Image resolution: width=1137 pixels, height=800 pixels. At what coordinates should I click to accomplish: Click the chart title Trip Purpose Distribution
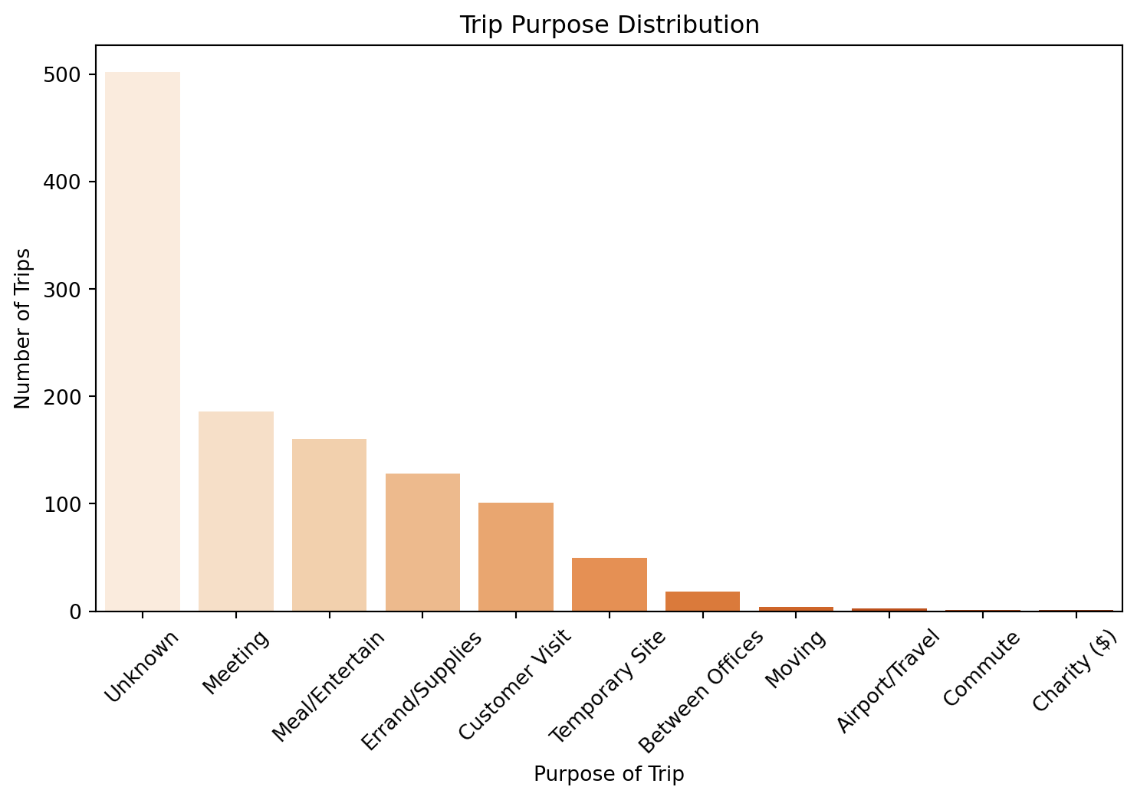tap(609, 25)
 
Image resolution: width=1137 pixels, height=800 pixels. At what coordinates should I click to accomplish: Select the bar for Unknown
tap(143, 342)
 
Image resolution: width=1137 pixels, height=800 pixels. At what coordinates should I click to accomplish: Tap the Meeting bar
tap(236, 511)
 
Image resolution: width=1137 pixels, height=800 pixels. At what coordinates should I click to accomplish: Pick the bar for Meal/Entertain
tap(329, 525)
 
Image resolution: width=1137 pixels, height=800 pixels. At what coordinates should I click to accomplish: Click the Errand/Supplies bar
tap(422, 543)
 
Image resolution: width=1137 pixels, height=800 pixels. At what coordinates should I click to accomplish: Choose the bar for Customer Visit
tap(516, 557)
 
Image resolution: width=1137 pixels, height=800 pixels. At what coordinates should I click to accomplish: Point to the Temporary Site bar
tap(610, 585)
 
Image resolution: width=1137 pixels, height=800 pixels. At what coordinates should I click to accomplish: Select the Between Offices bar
tap(702, 602)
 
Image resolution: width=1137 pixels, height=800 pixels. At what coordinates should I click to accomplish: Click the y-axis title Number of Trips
tap(23, 328)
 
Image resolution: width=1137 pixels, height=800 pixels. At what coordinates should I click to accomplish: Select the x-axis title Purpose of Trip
tap(609, 775)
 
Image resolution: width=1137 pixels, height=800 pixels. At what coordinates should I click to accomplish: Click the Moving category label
tap(796, 660)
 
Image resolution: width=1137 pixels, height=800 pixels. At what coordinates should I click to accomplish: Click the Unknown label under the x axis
tap(141, 666)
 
